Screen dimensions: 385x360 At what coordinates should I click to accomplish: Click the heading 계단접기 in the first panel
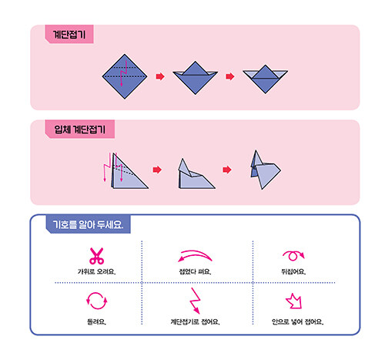pos(69,34)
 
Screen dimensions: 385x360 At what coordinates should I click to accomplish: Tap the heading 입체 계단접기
pos(79,130)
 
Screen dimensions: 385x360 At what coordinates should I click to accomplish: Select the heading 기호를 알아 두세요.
pos(88,224)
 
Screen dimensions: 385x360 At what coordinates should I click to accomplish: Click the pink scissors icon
pos(96,256)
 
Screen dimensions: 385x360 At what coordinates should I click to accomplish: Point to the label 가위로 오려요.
pos(96,271)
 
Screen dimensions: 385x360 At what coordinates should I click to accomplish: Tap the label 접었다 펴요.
pos(195,271)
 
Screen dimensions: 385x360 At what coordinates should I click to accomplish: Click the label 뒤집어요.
pos(293,271)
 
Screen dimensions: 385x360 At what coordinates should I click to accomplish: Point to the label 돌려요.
pos(96,321)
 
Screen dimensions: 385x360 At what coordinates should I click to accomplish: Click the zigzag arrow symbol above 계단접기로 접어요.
pos(196,300)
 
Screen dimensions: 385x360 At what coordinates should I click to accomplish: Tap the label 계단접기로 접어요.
pos(195,321)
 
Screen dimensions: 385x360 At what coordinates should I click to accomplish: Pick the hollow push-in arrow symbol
pos(295,301)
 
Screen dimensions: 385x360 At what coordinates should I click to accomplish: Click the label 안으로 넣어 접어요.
pos(298,321)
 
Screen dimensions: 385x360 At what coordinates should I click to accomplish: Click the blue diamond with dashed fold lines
pos(125,76)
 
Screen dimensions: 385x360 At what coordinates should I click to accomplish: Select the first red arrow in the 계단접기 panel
pos(160,76)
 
